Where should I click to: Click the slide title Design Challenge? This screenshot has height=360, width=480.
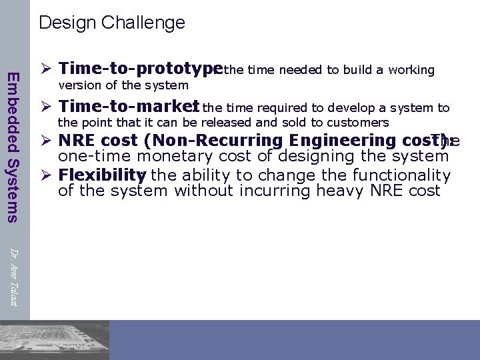click(112, 23)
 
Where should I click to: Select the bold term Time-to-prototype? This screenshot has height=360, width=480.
click(140, 69)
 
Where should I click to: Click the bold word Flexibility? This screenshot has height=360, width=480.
click(101, 175)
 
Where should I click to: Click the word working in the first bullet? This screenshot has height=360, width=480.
click(411, 70)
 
